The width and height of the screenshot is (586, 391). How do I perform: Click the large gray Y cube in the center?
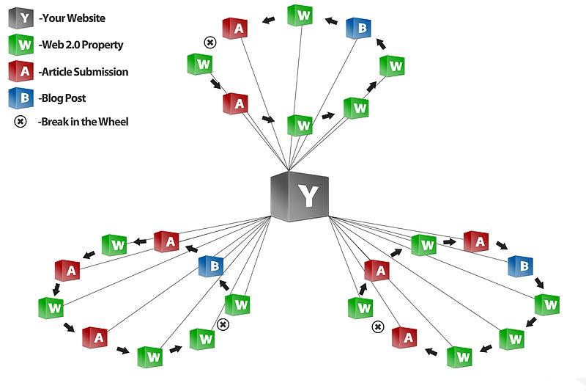click(300, 195)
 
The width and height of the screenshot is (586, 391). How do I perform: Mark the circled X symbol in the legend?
click(21, 122)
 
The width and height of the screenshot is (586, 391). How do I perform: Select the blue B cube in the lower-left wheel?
click(212, 266)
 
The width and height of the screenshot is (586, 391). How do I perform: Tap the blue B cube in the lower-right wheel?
click(519, 266)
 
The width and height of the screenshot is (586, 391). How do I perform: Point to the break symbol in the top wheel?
click(209, 43)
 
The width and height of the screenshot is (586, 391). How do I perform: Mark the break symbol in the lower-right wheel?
click(378, 326)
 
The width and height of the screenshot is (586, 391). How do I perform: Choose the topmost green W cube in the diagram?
click(300, 15)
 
